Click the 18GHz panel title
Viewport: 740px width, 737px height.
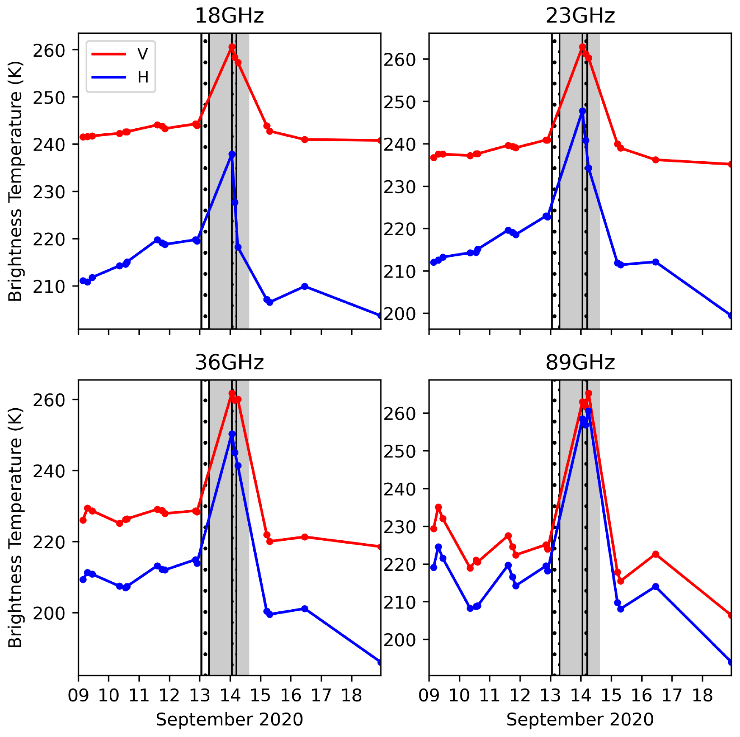229,16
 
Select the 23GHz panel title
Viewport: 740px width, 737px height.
580,16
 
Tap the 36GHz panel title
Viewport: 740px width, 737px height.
229,363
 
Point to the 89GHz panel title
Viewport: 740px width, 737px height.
580,363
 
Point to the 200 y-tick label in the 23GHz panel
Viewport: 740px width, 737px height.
400,314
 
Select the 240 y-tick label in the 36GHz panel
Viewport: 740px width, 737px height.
49,471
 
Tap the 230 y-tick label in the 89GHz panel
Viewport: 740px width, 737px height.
400,527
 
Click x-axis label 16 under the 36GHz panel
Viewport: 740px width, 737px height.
291,696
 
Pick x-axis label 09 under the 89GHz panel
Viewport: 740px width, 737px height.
429,696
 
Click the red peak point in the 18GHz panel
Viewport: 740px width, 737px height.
232,47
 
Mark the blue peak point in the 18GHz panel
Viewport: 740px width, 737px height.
232,154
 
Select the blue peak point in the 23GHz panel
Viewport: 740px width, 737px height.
582,111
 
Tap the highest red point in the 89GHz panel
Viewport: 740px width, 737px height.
588,393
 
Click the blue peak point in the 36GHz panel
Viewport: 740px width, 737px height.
232,434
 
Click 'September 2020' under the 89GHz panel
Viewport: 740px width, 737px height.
580,720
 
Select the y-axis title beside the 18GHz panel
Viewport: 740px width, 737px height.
15,181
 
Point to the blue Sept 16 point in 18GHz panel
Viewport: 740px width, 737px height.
305,286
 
